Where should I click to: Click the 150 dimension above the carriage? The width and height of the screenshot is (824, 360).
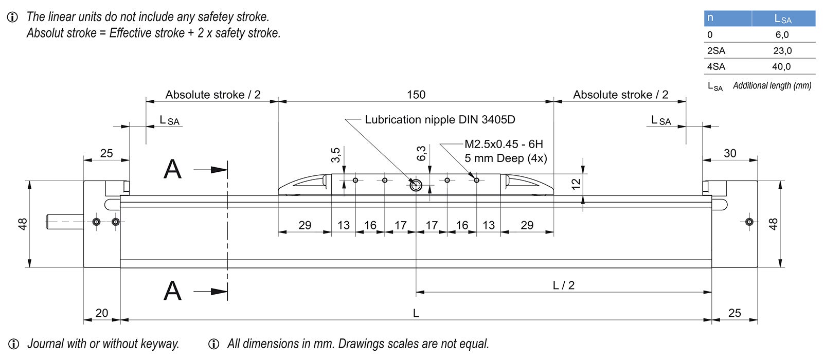416,95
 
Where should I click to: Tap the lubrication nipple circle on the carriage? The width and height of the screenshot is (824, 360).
416,185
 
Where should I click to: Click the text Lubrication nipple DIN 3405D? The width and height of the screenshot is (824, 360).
440,120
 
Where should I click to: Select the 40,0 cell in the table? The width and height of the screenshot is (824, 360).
781,67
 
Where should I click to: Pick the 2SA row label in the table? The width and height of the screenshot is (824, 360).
716,51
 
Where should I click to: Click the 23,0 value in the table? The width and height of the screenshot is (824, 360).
782,51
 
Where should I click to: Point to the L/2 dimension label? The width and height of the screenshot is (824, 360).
563,285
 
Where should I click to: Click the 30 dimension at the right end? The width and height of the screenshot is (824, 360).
730,153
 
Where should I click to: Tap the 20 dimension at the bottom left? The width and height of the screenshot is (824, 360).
102,313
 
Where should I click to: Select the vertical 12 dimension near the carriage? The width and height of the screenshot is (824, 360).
576,183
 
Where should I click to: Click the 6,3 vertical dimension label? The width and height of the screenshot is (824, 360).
421,154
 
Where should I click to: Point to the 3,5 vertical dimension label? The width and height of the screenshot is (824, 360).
335,155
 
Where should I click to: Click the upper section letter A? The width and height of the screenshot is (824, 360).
172,169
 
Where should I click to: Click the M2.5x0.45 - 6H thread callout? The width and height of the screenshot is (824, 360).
503,145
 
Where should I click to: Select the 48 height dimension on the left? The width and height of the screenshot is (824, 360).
23,224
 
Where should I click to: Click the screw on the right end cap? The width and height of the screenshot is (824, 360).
749,222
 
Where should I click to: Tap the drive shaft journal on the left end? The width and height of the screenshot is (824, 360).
64,222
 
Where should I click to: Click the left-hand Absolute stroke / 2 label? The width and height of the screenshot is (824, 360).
212,95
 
